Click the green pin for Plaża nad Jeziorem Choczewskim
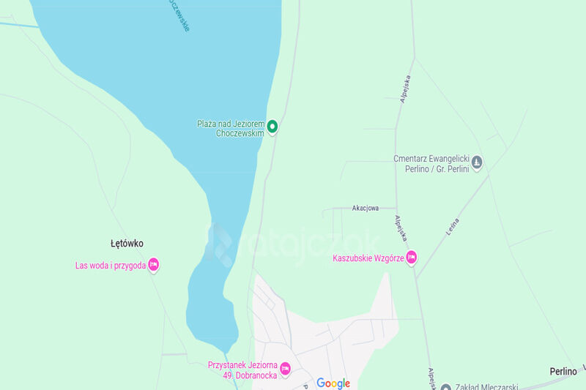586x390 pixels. [272, 127]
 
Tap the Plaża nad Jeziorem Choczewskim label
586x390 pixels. [230, 128]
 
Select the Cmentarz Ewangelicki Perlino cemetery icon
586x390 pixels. [477, 162]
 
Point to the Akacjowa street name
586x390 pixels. [365, 209]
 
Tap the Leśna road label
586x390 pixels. [452, 226]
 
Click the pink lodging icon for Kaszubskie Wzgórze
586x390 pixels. [411, 257]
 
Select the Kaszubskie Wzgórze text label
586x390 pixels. [368, 258]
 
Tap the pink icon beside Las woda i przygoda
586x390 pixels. [153, 264]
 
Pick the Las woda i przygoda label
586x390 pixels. [111, 265]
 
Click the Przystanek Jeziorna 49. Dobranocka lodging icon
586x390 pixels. [286, 368]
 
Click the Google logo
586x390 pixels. [333, 383]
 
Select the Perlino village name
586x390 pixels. [563, 372]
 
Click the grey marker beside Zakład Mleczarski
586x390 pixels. [446, 386]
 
